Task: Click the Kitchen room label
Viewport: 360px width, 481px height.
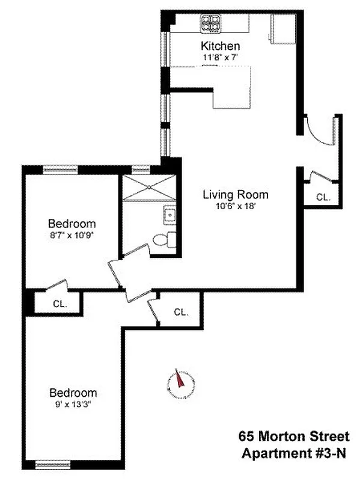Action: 221,46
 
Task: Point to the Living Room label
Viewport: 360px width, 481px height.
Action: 235,195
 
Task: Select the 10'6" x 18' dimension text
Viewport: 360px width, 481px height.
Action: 235,206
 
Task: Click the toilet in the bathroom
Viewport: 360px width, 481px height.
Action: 162,240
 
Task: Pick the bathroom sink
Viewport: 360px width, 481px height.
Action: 169,214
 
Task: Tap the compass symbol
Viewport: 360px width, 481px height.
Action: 180,382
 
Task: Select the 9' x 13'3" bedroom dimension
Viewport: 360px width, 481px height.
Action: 73,404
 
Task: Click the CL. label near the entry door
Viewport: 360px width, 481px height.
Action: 323,197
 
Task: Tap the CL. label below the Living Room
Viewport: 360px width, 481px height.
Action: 181,312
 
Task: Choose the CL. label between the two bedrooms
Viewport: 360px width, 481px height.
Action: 58,303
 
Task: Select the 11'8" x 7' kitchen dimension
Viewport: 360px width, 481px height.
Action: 221,58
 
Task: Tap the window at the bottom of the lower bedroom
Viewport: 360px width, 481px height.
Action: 53,464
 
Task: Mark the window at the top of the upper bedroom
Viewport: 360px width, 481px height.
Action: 60,170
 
